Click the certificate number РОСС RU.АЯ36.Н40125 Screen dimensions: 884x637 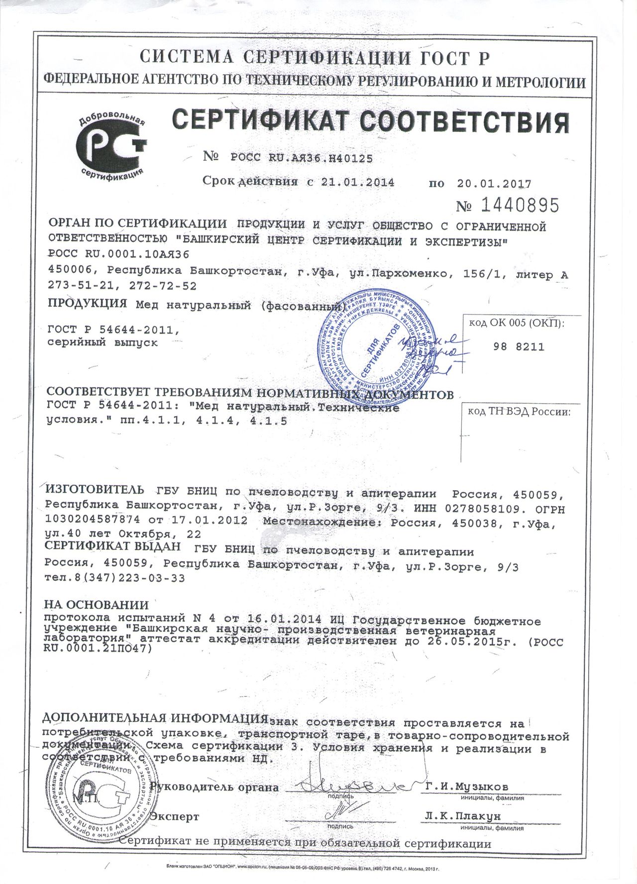point(301,158)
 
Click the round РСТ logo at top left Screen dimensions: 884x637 point(110,144)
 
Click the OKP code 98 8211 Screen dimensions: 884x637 point(519,347)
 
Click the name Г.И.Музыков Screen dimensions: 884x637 point(467,786)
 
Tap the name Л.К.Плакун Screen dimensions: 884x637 point(463,816)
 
